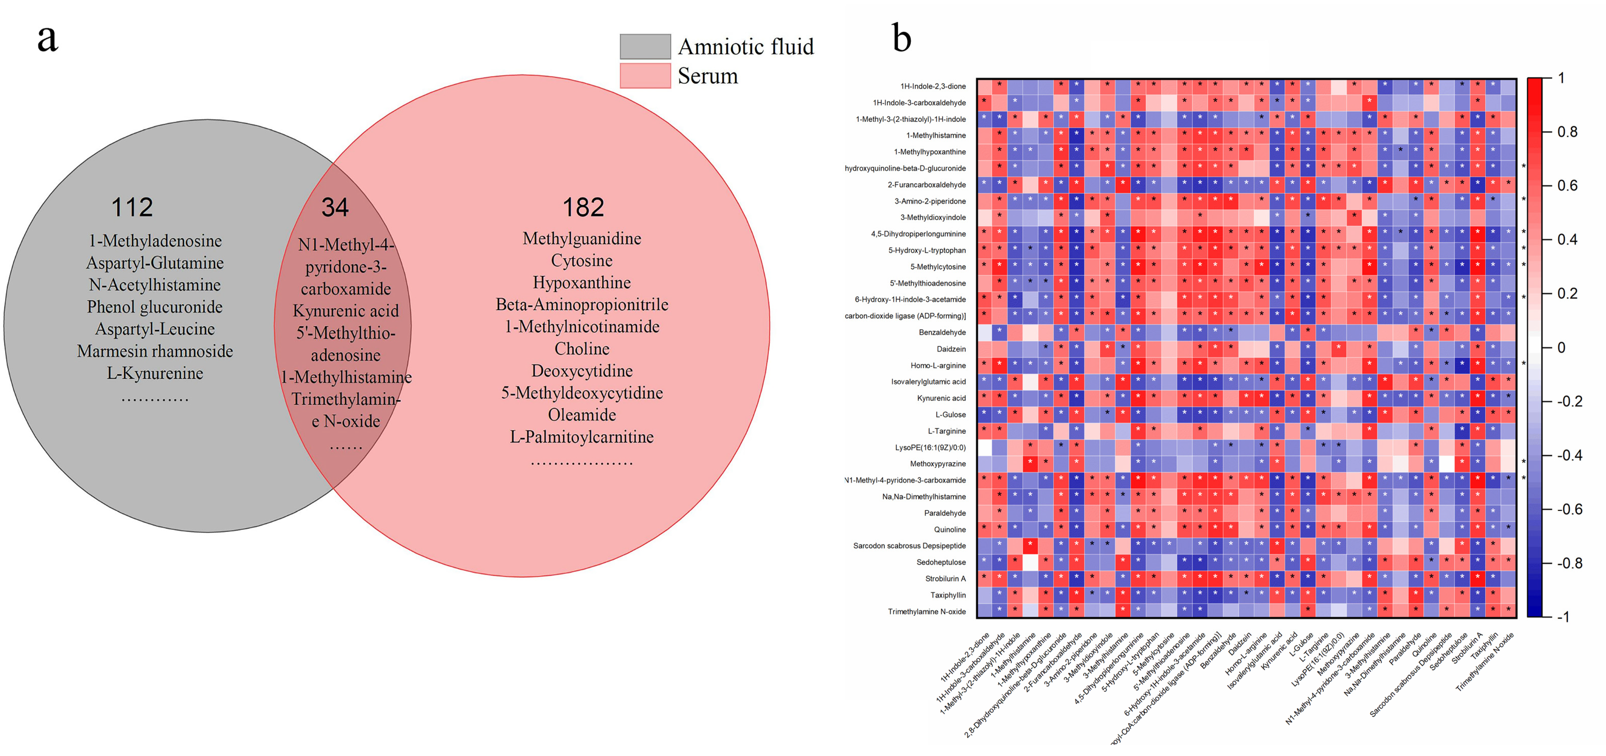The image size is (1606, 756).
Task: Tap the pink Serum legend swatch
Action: [x=645, y=75]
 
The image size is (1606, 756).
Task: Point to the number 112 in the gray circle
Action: [x=132, y=207]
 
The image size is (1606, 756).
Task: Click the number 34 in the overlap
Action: [x=335, y=207]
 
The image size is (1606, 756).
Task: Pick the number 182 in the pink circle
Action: [x=583, y=207]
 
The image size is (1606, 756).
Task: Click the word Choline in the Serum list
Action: [x=582, y=349]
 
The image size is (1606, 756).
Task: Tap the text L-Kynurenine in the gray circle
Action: [x=155, y=373]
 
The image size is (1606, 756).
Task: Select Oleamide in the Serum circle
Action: [x=582, y=415]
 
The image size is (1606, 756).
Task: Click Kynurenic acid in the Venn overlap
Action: [x=345, y=311]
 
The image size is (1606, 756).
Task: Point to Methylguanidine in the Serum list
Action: [x=582, y=238]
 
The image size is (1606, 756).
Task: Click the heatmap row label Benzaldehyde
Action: [x=942, y=332]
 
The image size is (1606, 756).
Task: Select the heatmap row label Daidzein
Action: [x=951, y=349]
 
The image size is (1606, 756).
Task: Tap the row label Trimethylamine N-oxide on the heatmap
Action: [x=926, y=611]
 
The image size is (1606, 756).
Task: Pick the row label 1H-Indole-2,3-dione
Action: [x=933, y=86]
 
